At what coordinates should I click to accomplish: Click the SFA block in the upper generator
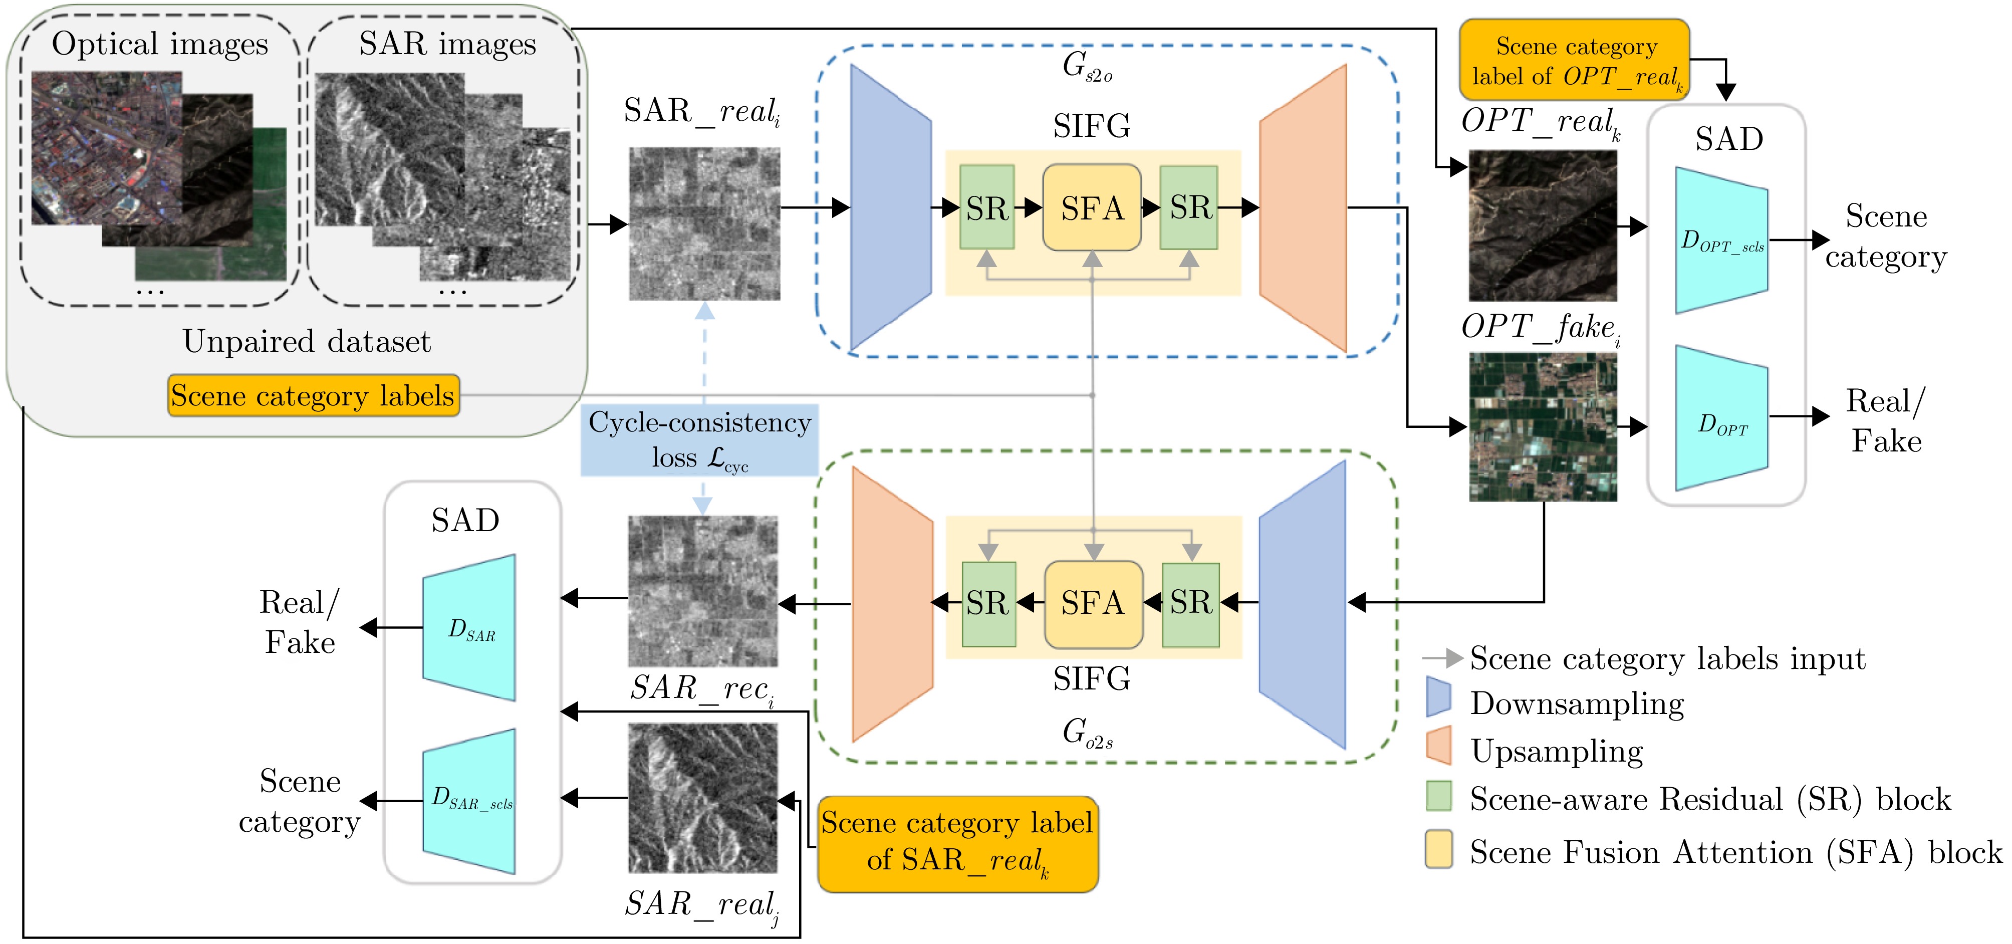[1092, 208]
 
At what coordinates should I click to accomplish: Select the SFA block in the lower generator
[1093, 603]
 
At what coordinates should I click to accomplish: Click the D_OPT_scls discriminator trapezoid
[1721, 241]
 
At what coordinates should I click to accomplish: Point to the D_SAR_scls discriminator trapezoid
[469, 801]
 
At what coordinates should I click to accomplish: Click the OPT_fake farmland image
[1543, 427]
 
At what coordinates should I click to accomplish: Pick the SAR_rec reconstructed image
[703, 591]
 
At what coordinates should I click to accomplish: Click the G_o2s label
[1087, 733]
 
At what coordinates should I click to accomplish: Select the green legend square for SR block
[1438, 796]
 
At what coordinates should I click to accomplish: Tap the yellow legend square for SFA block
[1438, 849]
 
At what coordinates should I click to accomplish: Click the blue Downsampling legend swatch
[1438, 697]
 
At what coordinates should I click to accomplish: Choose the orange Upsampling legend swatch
[1438, 746]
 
